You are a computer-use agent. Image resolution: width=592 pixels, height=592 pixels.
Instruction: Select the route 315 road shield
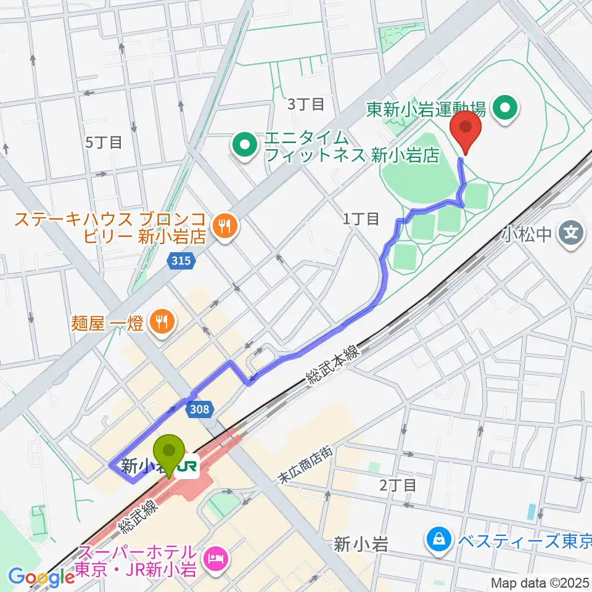(x=183, y=262)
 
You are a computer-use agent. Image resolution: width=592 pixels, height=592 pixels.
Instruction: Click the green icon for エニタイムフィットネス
(x=245, y=146)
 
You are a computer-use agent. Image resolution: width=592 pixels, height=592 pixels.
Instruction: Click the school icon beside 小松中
(x=573, y=233)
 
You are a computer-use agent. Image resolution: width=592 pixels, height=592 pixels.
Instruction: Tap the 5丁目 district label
(x=104, y=142)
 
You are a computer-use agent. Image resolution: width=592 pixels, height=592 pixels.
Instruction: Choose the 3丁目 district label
(x=306, y=104)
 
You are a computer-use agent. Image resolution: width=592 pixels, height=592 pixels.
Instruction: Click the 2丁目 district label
(x=398, y=485)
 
